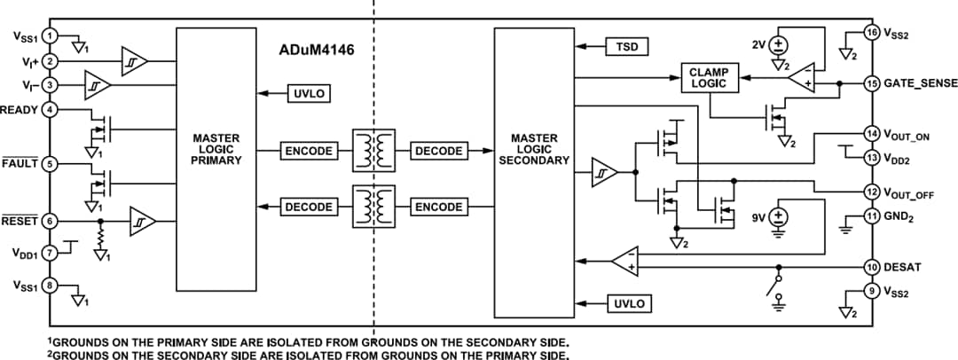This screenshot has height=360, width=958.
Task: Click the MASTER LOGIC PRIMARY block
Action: (216, 160)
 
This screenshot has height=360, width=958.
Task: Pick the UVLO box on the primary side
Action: (308, 93)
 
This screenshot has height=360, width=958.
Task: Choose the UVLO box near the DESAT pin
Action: (627, 303)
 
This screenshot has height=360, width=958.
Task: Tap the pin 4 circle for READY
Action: (51, 110)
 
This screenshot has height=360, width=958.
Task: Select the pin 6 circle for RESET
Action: (51, 221)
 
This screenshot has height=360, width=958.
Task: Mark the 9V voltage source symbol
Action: (779, 217)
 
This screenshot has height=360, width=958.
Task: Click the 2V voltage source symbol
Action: (779, 45)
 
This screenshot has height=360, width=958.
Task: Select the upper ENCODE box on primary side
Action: (308, 151)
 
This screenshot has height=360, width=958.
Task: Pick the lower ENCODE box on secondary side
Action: (438, 207)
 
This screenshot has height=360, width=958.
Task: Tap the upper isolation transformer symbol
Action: (373, 151)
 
